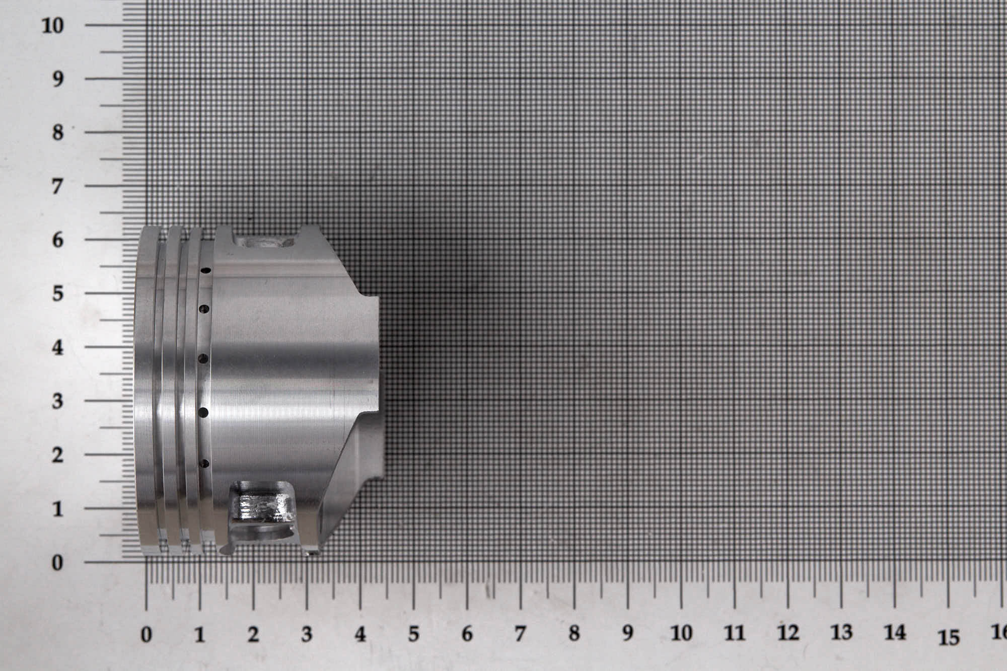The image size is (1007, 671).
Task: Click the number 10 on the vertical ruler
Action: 53,25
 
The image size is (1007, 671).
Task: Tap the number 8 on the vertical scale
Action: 58,133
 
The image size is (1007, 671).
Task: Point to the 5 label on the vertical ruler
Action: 58,293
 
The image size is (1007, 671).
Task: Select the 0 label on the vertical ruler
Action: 58,562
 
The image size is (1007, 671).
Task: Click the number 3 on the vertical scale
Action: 58,401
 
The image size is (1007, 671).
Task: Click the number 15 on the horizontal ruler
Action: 949,637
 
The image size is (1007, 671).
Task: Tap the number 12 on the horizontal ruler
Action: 788,633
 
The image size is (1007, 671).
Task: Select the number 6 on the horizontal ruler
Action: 467,634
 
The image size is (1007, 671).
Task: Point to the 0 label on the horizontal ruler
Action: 146,635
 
